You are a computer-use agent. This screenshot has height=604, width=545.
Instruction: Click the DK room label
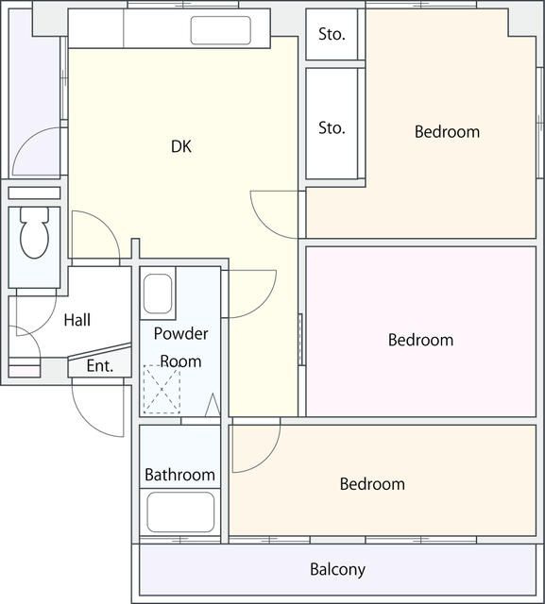point(181,146)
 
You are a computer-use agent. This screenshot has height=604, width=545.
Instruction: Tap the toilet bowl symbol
point(34,233)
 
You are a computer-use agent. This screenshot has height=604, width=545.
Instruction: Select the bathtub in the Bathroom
point(180,512)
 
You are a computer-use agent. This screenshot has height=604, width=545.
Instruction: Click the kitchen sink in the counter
point(220,30)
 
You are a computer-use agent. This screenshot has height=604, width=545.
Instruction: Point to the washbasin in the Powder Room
point(158,294)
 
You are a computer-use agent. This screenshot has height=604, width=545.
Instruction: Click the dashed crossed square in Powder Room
point(162,389)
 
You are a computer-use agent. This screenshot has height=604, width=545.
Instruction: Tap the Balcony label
point(337,570)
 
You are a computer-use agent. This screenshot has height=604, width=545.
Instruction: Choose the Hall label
point(77,320)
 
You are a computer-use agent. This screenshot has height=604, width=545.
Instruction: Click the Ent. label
point(100,366)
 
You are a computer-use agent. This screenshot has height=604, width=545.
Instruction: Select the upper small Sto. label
point(332,34)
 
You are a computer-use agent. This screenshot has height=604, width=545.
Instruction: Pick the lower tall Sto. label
point(332,128)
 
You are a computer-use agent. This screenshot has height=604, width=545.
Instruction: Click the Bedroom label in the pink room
point(420,340)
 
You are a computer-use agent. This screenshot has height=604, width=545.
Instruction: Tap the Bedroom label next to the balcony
point(372,484)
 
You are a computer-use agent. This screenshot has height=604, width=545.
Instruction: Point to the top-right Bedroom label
point(447,132)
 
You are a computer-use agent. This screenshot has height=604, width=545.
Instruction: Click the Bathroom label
point(179,475)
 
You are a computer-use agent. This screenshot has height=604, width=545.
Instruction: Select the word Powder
point(180,333)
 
